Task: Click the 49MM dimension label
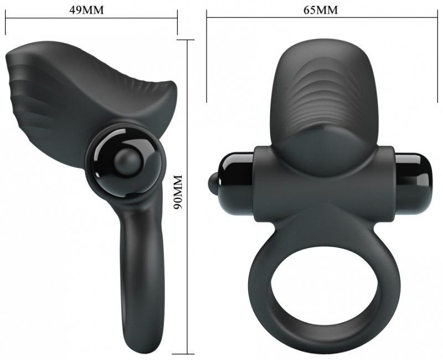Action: click(x=86, y=10)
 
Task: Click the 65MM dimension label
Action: click(x=321, y=10)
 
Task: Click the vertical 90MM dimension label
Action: click(x=178, y=192)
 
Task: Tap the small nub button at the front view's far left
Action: click(x=212, y=179)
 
